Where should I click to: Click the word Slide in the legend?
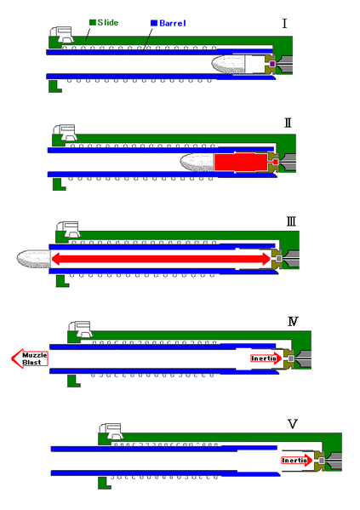coord(107,23)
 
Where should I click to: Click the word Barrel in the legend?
coord(173,23)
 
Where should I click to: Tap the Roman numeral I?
coord(284,24)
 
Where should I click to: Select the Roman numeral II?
coord(288,123)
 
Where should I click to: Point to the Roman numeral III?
coord(291,222)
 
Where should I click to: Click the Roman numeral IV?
coord(293,322)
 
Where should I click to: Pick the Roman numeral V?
coord(293,424)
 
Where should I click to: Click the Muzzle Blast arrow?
coord(30,358)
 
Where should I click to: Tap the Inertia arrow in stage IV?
coord(266,358)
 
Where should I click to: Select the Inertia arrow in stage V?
coord(296,461)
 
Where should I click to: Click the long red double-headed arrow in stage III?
coord(161,259)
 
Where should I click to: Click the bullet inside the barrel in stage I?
coord(228,65)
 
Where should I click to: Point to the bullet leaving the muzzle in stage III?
coord(34,259)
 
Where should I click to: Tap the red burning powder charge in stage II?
coord(242,162)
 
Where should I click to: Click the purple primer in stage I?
coord(272,64)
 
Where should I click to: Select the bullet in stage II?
coord(197,163)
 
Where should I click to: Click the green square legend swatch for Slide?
coord(93,22)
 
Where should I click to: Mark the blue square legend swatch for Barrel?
coord(154,23)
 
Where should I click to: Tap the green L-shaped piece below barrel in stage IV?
coord(73,381)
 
